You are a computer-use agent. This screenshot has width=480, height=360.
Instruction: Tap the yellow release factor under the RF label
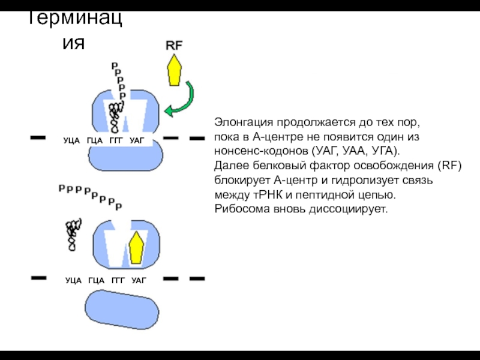click(175, 70)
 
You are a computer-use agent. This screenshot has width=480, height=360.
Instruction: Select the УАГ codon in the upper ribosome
click(137, 140)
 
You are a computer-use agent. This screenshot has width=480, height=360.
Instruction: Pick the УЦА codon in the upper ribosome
click(72, 140)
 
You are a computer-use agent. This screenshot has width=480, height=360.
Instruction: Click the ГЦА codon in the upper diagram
click(95, 140)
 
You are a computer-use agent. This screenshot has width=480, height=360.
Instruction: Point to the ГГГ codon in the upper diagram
click(116, 140)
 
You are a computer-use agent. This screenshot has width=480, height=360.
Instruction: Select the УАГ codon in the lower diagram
click(139, 280)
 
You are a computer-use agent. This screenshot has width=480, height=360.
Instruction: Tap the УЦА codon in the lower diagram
click(74, 280)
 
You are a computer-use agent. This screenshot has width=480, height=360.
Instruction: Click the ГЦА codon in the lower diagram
click(96, 280)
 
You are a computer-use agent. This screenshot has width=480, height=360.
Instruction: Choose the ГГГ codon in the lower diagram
click(118, 280)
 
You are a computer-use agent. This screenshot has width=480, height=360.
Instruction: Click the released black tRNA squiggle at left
click(73, 234)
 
